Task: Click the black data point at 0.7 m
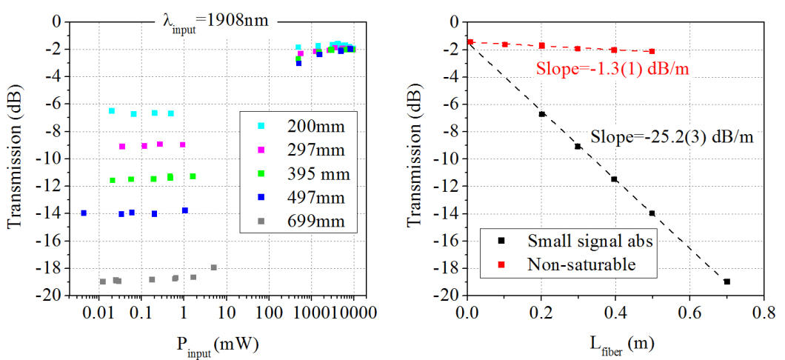click(727, 281)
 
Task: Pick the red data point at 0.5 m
click(652, 51)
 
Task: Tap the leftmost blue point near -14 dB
click(84, 213)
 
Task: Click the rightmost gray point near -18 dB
click(214, 267)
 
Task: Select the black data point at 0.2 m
click(542, 114)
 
